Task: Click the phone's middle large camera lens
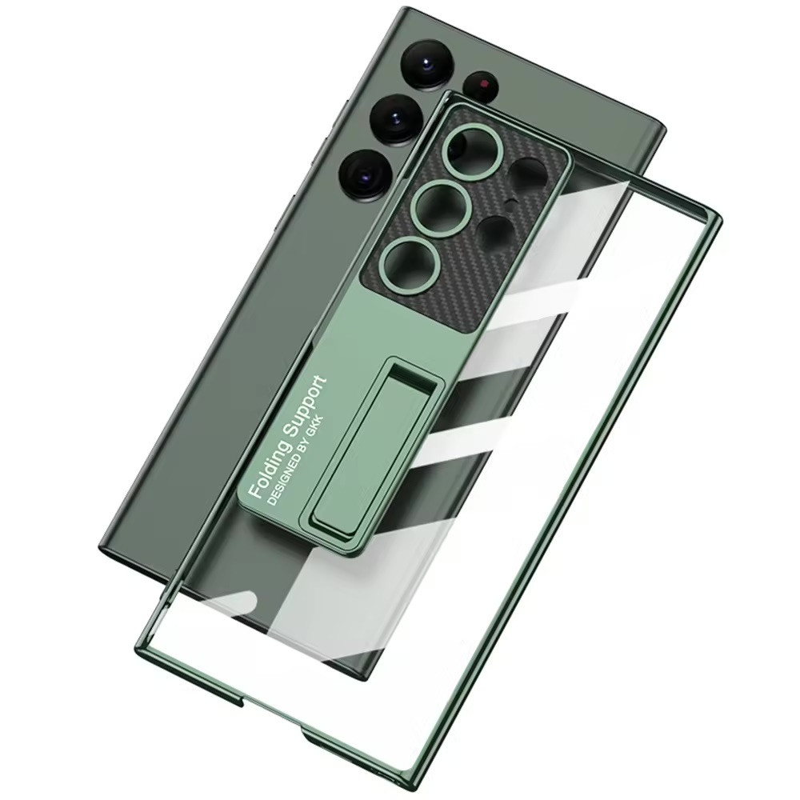click(396, 119)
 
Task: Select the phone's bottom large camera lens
click(366, 173)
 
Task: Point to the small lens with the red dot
click(482, 83)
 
